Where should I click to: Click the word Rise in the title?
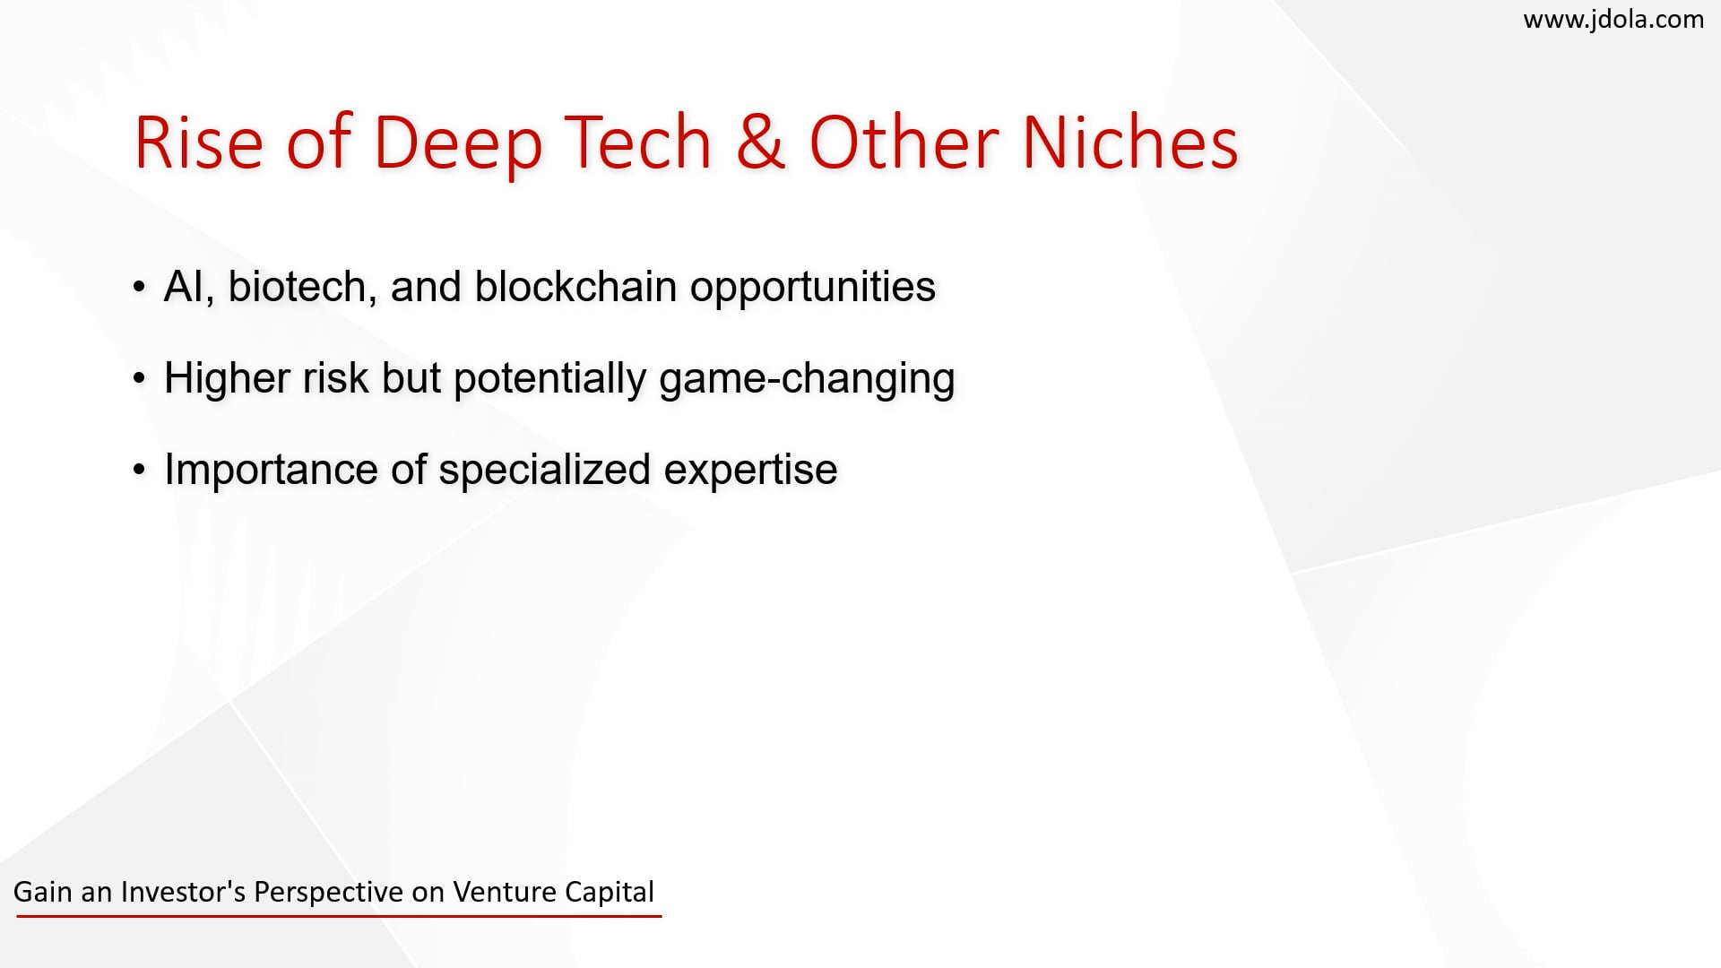[198, 143]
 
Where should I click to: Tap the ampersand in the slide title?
[760, 143]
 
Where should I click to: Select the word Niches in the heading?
[1130, 143]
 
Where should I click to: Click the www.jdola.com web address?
[1613, 20]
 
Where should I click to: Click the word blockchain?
[575, 287]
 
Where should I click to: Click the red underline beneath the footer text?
[339, 916]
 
